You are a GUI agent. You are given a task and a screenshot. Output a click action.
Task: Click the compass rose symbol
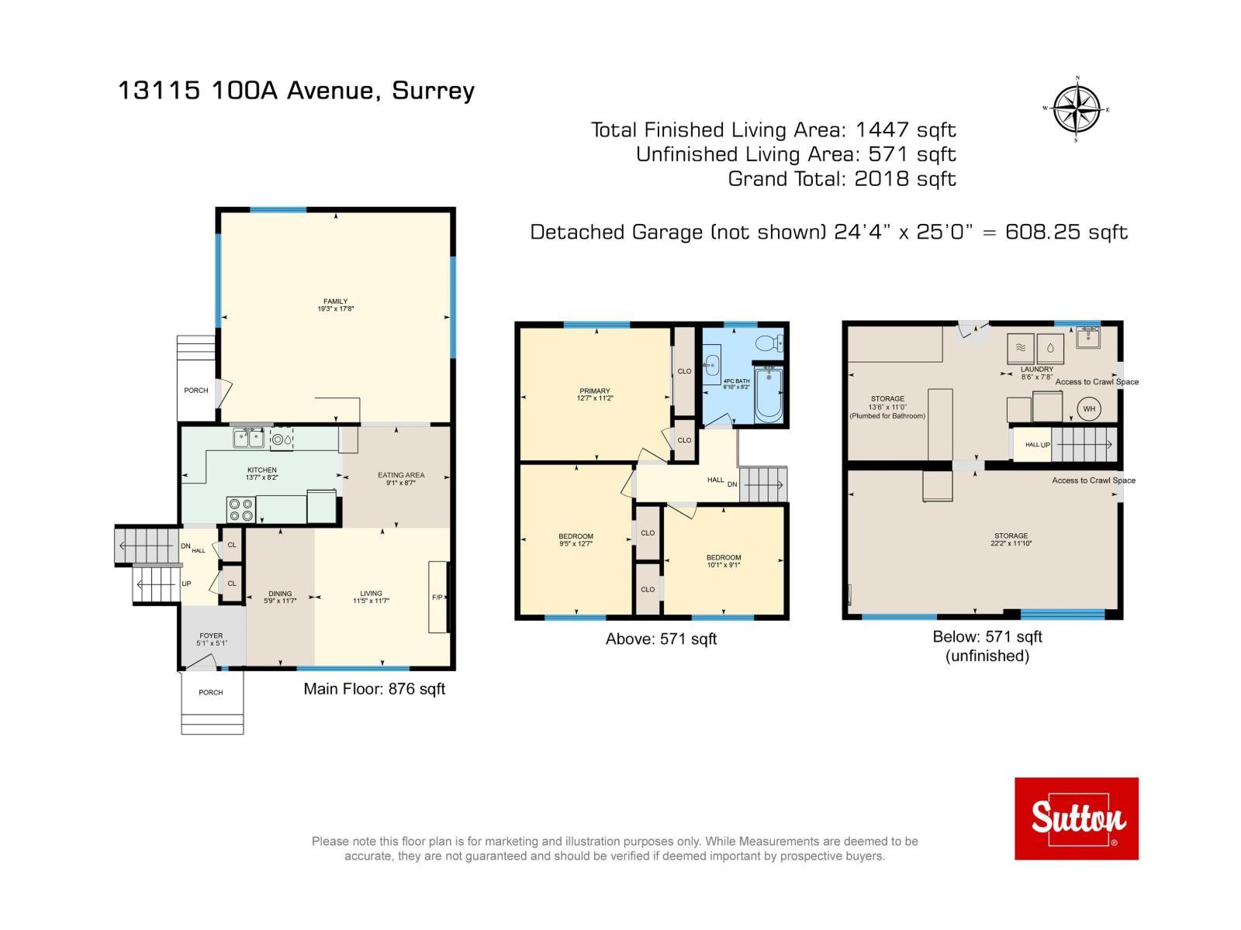1077,109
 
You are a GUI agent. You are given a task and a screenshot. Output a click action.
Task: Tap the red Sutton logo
1077,818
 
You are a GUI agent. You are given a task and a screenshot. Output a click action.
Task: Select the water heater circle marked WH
1089,409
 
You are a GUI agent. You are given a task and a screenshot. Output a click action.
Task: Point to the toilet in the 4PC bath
769,343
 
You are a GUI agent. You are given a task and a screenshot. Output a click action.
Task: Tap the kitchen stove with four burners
240,509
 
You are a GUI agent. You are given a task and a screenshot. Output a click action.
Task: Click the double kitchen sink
248,439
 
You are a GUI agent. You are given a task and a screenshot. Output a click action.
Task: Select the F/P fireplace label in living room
437,598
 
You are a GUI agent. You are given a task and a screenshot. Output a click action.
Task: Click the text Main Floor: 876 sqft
374,689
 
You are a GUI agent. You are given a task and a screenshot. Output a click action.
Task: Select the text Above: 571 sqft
661,639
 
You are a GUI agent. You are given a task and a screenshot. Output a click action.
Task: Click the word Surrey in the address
433,91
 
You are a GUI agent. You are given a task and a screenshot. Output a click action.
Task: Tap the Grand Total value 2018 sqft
904,179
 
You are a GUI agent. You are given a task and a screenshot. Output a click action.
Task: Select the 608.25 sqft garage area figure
1066,232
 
